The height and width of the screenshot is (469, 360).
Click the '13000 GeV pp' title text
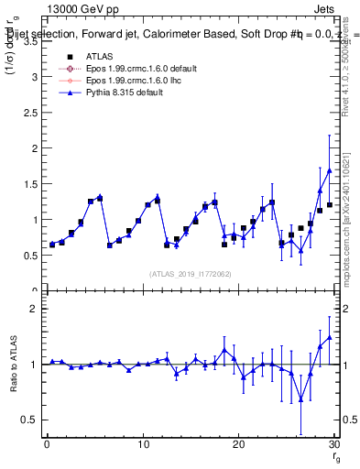75,8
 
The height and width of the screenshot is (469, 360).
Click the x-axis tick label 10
143,443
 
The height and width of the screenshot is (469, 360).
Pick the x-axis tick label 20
238,443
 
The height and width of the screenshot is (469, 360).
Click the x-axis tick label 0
48,443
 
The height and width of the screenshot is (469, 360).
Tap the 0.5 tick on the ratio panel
30,420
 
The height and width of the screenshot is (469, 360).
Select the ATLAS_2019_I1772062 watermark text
190,273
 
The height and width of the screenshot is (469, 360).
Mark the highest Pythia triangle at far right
329,170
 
